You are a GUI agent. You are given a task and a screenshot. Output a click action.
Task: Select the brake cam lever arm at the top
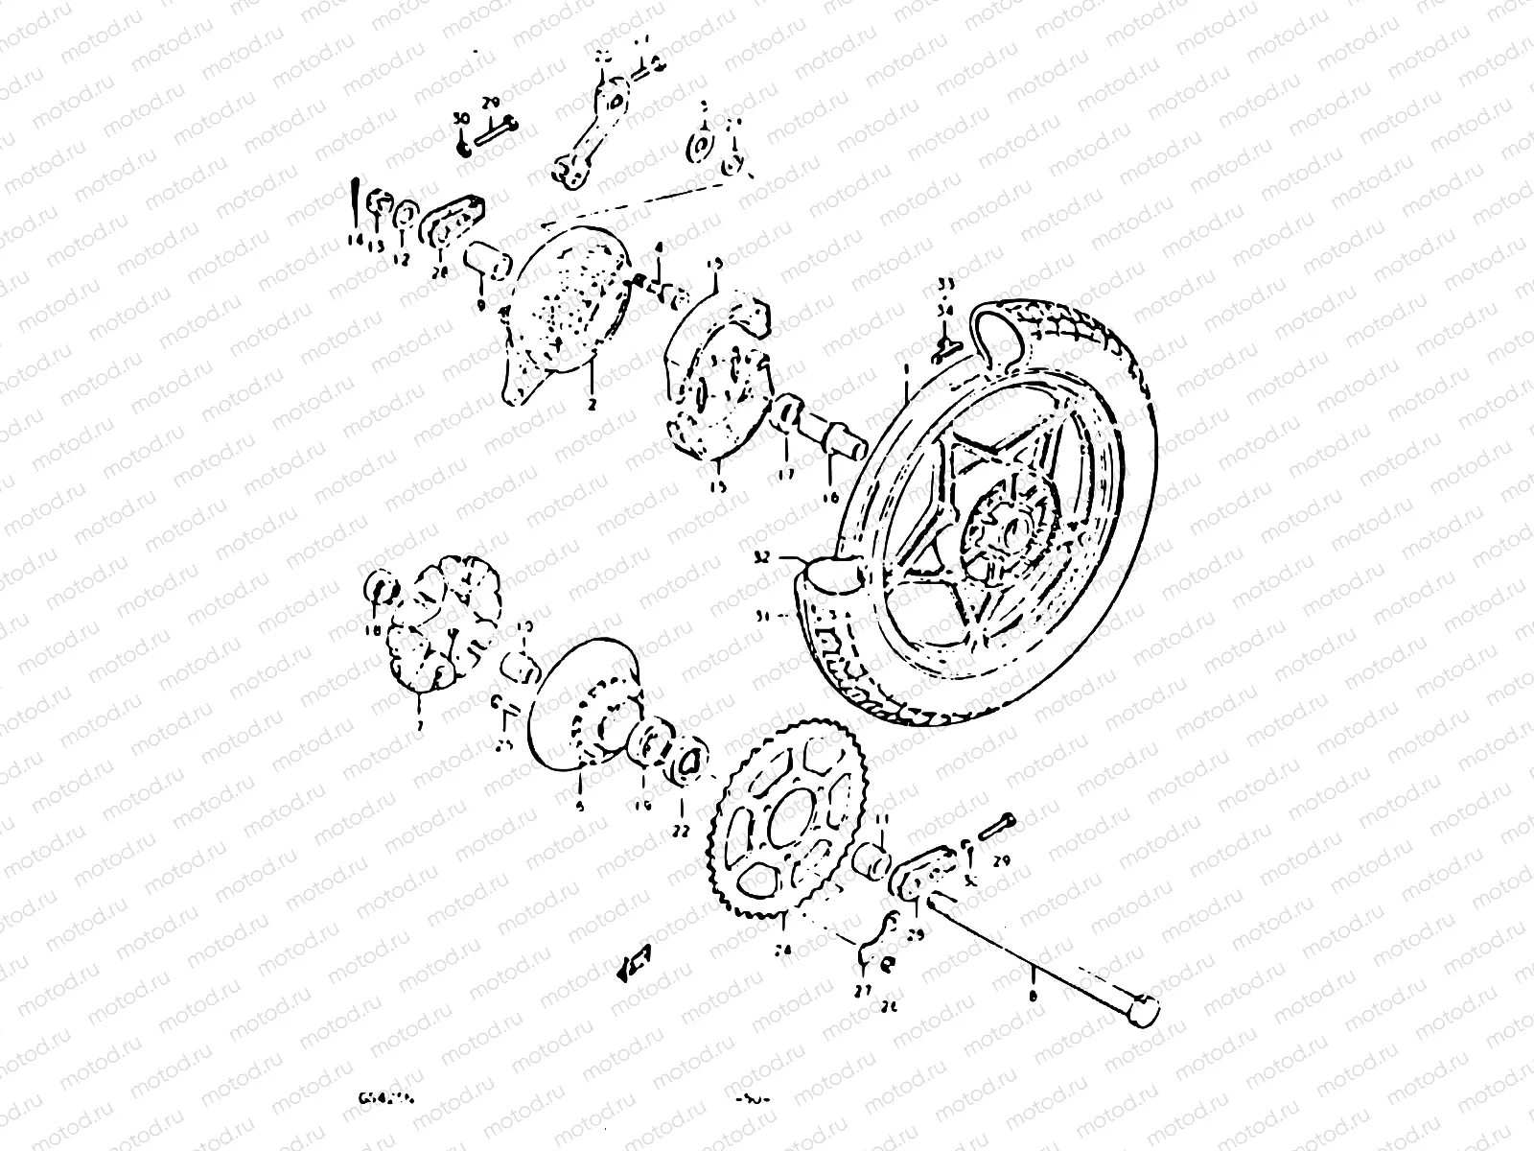pyautogui.click(x=594, y=129)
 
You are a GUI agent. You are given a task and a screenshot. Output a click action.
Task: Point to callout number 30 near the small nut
pyautogui.click(x=460, y=117)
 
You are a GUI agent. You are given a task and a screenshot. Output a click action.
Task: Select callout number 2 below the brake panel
pyautogui.click(x=592, y=405)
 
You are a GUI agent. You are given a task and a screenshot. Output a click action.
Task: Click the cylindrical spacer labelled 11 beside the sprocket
pyautogui.click(x=873, y=857)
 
